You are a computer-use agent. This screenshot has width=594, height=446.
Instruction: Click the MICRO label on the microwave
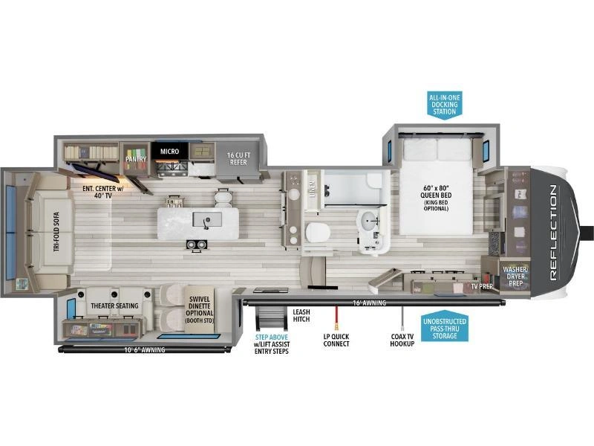point(169,152)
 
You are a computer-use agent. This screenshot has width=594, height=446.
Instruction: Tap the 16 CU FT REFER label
point(238,158)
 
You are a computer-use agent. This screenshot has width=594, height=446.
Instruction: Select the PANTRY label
point(136,159)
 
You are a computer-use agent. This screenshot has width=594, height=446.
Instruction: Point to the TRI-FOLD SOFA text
point(56,232)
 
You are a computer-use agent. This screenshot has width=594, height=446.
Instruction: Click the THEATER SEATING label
point(114,306)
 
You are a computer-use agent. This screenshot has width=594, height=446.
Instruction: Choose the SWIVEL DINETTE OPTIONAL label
point(199,306)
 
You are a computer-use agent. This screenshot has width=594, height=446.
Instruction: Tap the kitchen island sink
point(207,219)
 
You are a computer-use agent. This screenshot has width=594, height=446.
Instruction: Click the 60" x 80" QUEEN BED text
point(436,192)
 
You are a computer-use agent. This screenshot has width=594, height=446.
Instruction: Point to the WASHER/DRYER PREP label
point(515,276)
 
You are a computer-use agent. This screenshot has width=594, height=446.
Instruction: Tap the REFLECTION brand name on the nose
point(553,233)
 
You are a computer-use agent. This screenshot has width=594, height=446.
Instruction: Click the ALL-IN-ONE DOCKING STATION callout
point(444,105)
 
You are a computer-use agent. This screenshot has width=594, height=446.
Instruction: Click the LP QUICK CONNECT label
point(336,340)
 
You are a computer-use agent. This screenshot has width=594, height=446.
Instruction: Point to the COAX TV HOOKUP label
point(402,340)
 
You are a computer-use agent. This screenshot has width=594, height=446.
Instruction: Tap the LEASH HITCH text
point(301,315)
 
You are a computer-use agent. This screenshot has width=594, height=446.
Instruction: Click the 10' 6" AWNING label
point(144,350)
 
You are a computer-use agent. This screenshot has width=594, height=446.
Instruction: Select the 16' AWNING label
point(369,303)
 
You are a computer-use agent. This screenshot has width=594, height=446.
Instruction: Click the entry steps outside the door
point(271,318)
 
